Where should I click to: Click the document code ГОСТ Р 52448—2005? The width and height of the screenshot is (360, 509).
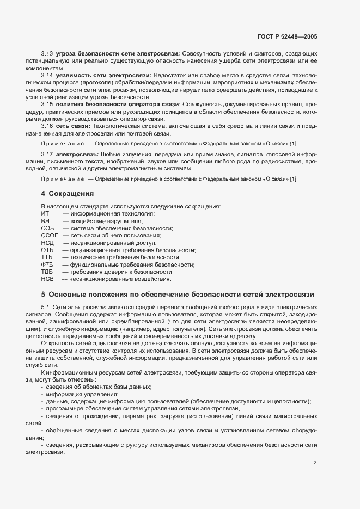[x=286, y=37]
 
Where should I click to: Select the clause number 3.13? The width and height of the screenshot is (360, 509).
[x=47, y=55]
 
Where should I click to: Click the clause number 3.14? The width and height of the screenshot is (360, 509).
[x=47, y=72]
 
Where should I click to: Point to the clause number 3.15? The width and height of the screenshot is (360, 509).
[x=47, y=103]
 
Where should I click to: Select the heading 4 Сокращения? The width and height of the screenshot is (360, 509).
[x=68, y=193]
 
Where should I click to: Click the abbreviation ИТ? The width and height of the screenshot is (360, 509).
[x=45, y=214]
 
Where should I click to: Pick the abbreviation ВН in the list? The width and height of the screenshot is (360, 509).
[x=45, y=221]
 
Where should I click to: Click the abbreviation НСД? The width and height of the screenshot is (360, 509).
[x=47, y=243]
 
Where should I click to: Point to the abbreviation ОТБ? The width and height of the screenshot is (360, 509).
[x=47, y=250]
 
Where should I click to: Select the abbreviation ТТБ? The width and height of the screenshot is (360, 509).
[x=47, y=257]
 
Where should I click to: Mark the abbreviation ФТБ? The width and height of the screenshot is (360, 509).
[x=47, y=265]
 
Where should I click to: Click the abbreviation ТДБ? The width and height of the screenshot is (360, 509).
[x=47, y=272]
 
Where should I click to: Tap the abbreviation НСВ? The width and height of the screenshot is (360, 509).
[x=47, y=279]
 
